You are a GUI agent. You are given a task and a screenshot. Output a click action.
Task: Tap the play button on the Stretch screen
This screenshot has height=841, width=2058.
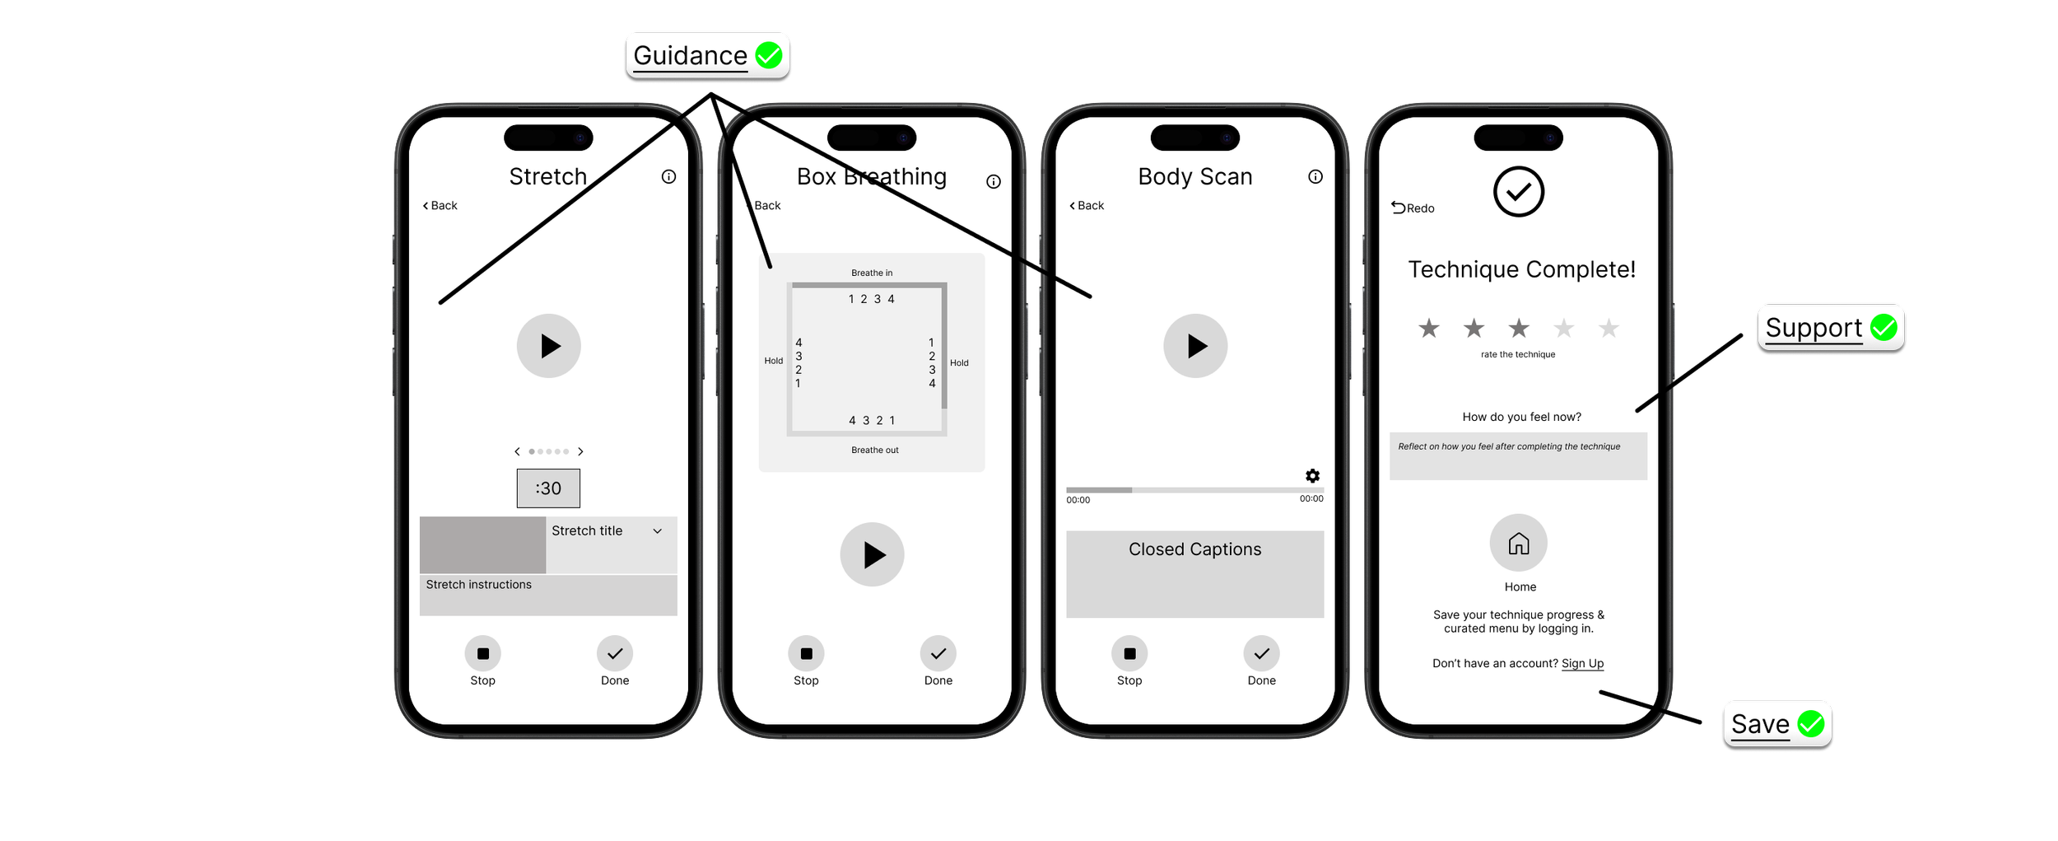tap(548, 346)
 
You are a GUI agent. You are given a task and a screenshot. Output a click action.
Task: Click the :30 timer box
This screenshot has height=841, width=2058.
tap(548, 488)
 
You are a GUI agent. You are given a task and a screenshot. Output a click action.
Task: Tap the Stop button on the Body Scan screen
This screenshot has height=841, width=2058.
tap(1129, 653)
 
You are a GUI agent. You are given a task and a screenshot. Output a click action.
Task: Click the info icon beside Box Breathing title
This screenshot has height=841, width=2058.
tap(994, 182)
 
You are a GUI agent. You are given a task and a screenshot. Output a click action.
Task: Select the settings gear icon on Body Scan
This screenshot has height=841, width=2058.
tap(1312, 476)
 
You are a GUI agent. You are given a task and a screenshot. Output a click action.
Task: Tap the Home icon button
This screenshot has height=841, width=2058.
tap(1518, 544)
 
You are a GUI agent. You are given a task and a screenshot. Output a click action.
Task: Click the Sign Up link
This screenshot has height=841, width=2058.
tap(1582, 664)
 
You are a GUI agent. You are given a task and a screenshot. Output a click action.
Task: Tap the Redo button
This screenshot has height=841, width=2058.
tap(1413, 208)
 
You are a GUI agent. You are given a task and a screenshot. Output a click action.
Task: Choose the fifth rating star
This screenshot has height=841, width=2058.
tap(1609, 329)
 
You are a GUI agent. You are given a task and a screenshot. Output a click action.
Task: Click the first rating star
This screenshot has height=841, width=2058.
tap(1429, 329)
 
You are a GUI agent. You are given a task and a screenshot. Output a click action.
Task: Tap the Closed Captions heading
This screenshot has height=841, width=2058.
tap(1194, 549)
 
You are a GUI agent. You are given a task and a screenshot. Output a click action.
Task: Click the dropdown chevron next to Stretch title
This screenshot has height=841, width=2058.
tap(657, 531)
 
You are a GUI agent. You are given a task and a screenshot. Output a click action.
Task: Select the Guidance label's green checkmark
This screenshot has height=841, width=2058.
tap(769, 56)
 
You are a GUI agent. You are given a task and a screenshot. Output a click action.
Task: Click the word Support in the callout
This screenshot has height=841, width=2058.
tap(1814, 328)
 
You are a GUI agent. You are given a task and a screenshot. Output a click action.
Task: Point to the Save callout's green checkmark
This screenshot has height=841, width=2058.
tap(1811, 724)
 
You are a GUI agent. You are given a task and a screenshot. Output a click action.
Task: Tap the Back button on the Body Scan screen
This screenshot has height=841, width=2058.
tap(1087, 206)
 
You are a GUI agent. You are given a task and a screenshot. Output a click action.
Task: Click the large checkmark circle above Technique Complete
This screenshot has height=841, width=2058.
tap(1518, 192)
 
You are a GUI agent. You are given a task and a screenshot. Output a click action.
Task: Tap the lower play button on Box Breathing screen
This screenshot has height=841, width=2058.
tap(872, 555)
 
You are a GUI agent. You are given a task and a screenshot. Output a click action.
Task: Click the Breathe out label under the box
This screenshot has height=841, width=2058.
tap(874, 451)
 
